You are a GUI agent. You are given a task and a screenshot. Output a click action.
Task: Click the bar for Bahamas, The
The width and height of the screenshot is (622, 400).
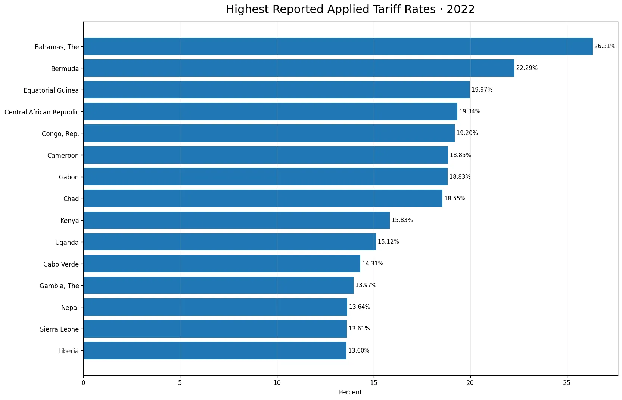pos(338,46)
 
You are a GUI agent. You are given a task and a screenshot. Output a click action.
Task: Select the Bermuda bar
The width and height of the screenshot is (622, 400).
pos(299,68)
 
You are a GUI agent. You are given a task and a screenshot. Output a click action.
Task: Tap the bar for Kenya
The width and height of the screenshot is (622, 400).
pos(237,220)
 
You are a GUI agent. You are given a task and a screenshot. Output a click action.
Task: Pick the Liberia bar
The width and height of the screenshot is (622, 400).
pos(215,351)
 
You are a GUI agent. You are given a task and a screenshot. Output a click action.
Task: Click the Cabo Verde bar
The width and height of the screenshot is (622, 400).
pos(222,264)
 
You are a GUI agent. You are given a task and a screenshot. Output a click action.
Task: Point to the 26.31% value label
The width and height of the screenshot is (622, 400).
pos(605,46)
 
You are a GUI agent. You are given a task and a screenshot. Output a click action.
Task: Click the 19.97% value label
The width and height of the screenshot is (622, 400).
pos(482,90)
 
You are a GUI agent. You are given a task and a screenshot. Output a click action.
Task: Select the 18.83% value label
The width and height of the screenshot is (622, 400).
pos(460,177)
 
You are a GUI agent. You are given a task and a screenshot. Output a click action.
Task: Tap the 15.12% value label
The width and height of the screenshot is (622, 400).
pos(388,242)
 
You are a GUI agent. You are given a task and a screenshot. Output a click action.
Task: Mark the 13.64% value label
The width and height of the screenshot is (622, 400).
pos(360,307)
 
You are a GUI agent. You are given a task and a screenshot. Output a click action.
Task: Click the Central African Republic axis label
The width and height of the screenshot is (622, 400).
pos(42,112)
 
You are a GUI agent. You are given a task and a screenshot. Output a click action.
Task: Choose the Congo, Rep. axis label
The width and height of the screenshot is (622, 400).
pos(60,134)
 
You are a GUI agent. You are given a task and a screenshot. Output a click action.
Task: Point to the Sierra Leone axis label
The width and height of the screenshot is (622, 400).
pos(59,329)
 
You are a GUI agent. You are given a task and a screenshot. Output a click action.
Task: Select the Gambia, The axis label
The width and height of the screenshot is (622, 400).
pos(59,286)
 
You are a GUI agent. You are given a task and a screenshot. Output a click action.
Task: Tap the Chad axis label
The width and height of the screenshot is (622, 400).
pos(71,199)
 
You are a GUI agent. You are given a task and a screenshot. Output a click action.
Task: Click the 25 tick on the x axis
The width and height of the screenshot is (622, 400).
pos(567,383)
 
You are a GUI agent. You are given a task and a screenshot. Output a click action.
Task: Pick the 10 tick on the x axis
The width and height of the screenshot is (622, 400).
pos(277,383)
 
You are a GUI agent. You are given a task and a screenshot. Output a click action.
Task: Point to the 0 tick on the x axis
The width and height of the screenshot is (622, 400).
pos(83,383)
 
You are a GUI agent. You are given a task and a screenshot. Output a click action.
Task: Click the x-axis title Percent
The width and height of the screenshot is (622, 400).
pos(351,392)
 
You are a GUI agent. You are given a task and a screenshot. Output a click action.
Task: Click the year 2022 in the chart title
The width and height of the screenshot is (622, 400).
pos(461,9)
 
